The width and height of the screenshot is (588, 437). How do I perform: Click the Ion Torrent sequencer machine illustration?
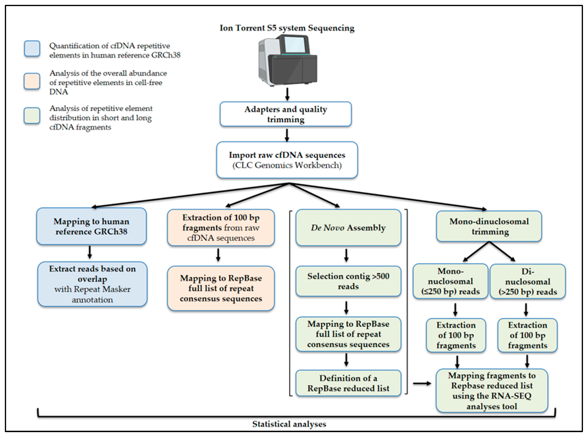coord(288,61)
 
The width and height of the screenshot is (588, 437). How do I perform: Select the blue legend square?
coord(32,49)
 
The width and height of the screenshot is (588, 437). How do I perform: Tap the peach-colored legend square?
coord(32,81)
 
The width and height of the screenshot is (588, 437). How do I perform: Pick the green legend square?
coord(32,116)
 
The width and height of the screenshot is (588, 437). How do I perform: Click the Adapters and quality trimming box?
coord(286,114)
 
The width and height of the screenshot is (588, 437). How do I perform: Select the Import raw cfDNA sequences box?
coord(287,160)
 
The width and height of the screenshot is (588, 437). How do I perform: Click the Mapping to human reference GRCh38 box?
coord(91,226)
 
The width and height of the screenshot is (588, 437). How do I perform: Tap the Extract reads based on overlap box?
coord(92,284)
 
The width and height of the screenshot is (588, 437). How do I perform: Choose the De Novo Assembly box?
coord(348,227)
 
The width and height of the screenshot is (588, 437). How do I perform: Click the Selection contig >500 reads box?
coord(348,281)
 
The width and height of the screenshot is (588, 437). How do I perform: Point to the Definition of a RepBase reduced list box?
coord(348,383)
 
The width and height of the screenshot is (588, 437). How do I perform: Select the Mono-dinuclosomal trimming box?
coord(489,226)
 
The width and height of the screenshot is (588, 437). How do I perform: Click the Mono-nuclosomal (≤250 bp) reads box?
coord(450,281)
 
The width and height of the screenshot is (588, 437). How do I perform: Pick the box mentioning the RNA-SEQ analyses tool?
coord(492,390)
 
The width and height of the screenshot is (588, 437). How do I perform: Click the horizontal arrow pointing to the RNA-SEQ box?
coord(422,383)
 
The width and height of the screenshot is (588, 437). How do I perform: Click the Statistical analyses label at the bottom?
coord(289,424)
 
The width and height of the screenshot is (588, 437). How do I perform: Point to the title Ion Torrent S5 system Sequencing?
coord(287,28)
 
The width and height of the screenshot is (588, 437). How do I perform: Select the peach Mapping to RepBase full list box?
coord(221,288)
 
